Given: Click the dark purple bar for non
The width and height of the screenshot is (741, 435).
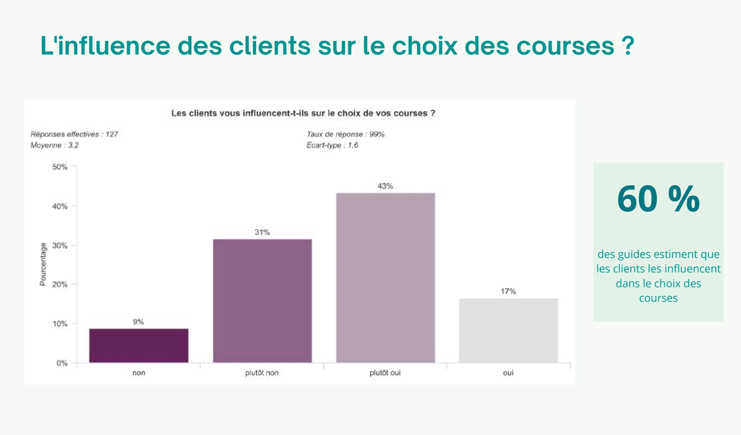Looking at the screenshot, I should [139, 345].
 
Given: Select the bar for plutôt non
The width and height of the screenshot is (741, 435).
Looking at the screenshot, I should [262, 300].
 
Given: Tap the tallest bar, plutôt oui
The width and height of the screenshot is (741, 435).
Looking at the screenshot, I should [385, 278].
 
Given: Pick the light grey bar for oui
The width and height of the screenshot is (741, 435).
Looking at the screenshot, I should [508, 330].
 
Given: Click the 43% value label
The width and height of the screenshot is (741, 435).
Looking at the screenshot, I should [385, 186].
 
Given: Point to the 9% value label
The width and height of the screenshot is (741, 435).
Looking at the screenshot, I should [139, 322].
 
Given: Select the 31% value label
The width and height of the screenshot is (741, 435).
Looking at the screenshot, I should [262, 232].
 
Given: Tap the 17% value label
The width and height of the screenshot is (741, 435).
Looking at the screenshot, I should [508, 291].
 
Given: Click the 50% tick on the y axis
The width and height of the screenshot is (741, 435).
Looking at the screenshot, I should [60, 167].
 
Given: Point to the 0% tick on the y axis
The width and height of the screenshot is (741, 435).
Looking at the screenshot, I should [62, 363].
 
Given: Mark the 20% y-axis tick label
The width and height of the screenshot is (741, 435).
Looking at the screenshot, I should [60, 285].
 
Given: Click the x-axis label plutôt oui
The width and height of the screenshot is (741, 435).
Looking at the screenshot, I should [385, 373].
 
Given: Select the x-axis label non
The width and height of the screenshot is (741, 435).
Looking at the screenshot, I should [139, 373].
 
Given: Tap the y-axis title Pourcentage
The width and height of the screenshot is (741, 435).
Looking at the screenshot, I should [43, 264].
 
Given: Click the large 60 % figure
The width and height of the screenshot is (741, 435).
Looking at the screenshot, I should [658, 199].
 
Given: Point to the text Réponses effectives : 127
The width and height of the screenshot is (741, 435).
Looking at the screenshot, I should [74, 134].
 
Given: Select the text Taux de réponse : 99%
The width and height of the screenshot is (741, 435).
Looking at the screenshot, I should [345, 134].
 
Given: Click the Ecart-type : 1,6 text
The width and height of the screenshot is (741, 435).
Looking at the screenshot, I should [332, 145].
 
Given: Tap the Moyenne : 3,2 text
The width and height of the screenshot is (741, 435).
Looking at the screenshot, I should [54, 145].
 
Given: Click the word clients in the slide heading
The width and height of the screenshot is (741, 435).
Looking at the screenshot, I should [269, 46].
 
